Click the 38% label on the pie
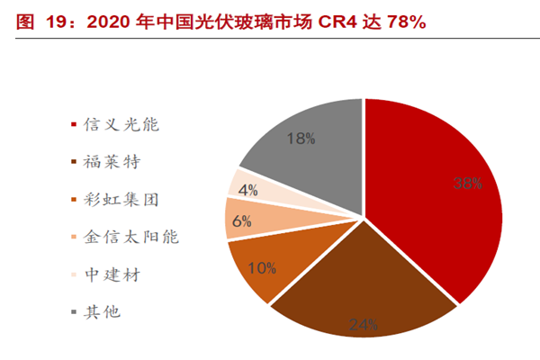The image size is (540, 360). point(468,183)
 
